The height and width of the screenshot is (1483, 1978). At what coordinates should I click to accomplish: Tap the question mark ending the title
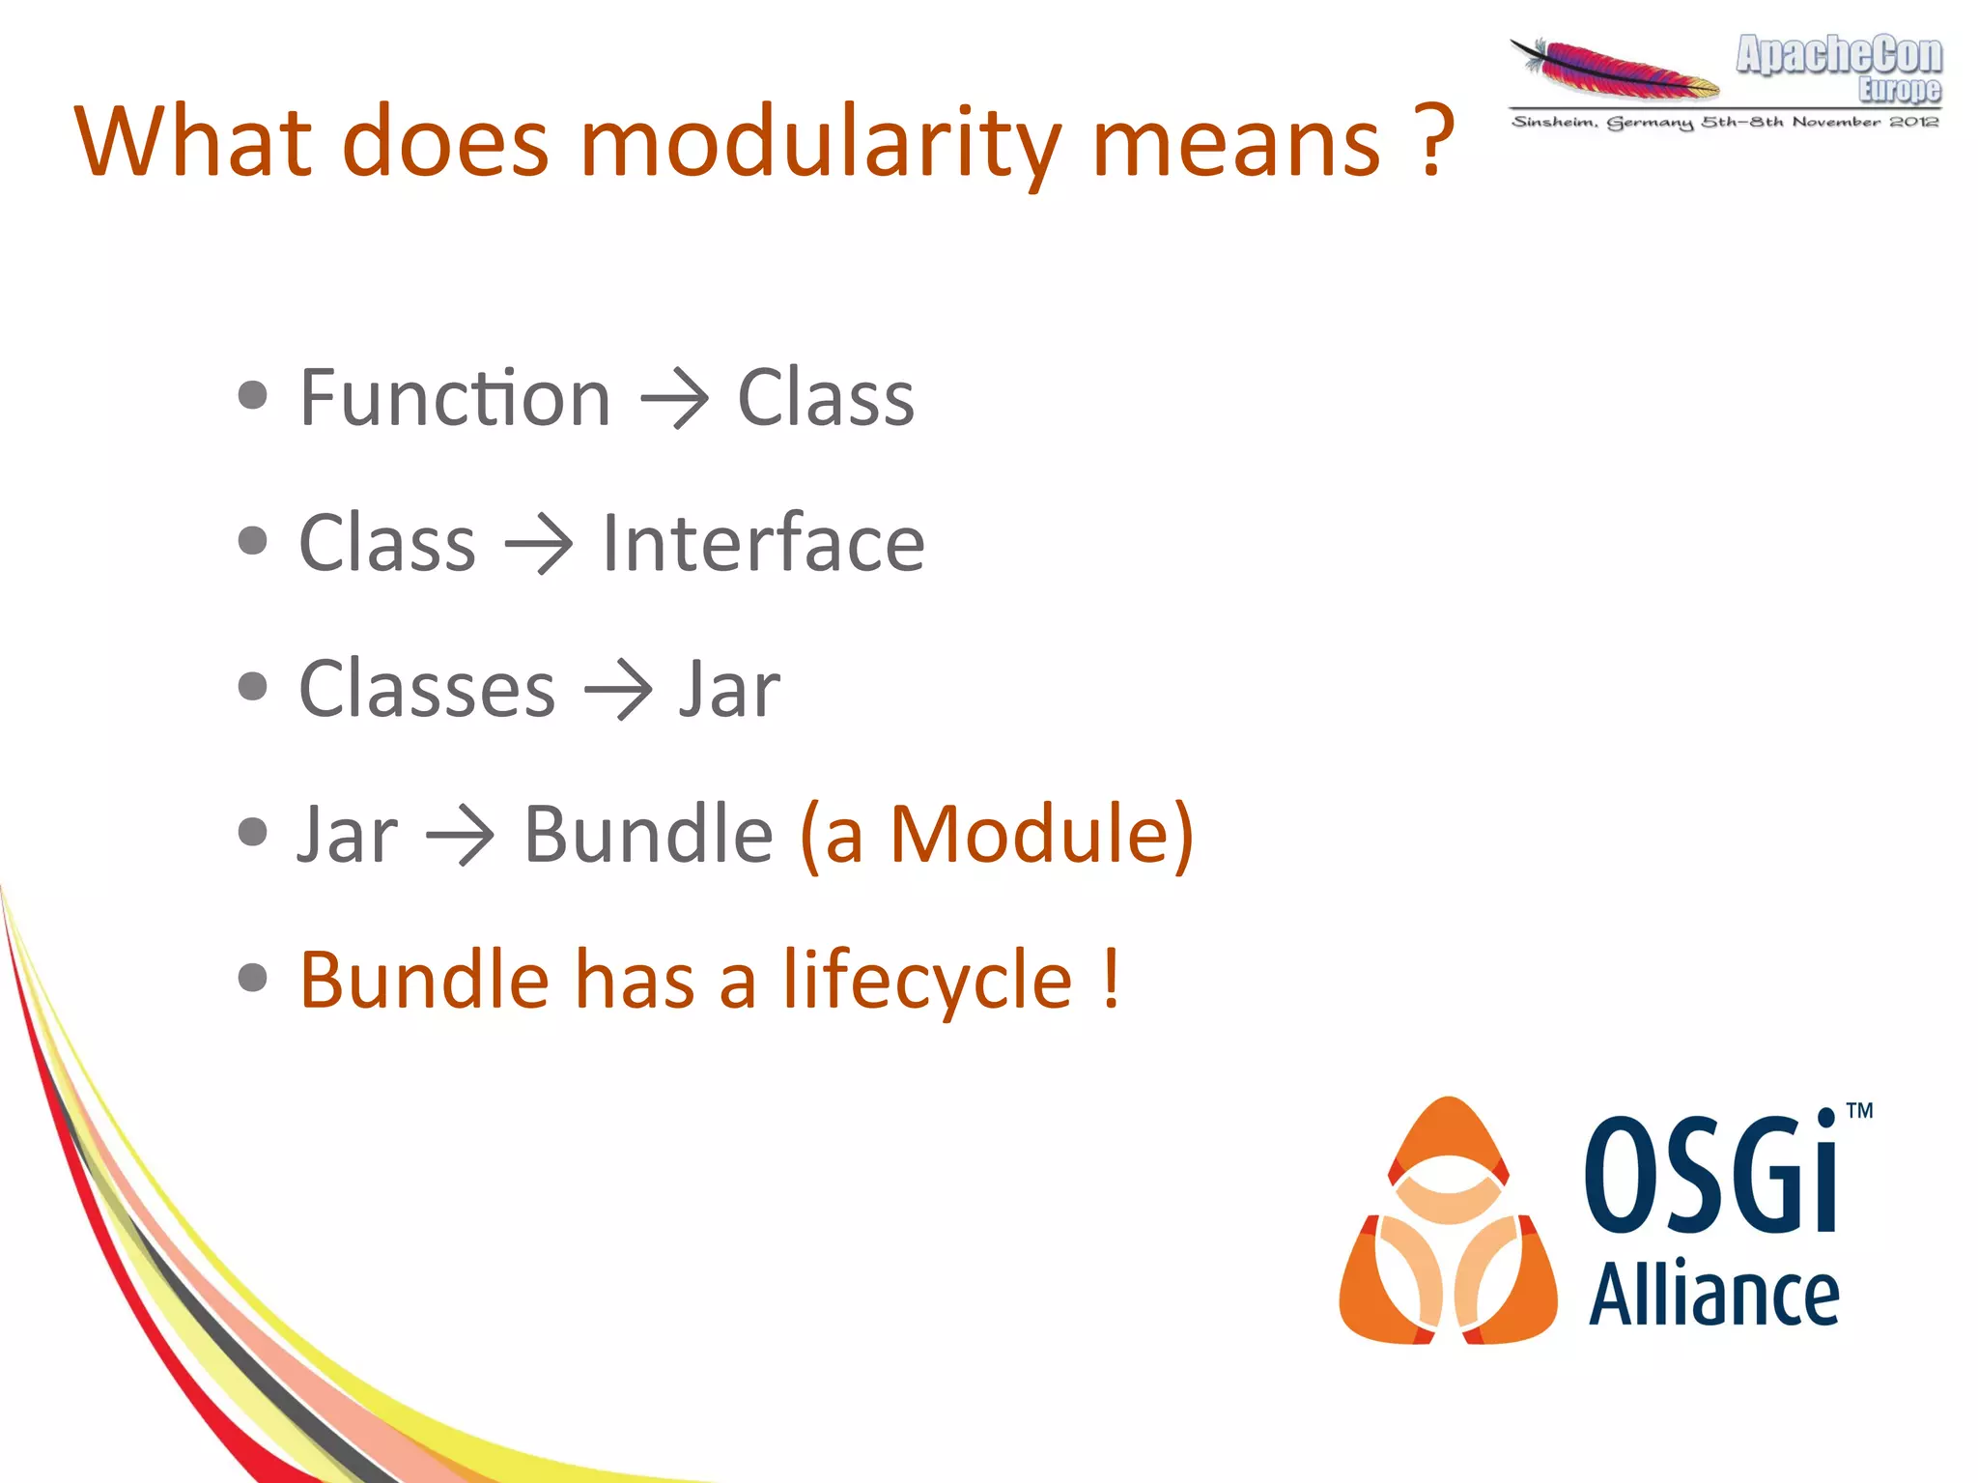click(1436, 143)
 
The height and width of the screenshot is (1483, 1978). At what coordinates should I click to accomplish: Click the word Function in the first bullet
click(455, 398)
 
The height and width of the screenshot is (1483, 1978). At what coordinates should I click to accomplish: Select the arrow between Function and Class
click(674, 398)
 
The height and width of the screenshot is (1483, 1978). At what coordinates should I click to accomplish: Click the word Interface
click(763, 543)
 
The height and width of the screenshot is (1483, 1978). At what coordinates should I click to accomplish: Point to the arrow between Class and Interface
click(539, 544)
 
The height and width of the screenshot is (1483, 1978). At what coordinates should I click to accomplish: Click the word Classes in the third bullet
click(427, 689)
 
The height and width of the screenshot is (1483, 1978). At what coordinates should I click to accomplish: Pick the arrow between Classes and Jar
click(618, 690)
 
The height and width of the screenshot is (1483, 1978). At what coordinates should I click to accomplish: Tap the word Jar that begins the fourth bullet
click(348, 835)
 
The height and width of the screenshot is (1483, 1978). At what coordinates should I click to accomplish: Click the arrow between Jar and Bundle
click(460, 835)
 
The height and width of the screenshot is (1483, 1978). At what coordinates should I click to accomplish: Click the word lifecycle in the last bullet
click(927, 981)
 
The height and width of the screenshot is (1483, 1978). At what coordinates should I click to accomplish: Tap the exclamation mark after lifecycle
click(1111, 979)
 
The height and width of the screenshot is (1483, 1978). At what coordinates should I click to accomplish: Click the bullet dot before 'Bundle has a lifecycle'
click(253, 978)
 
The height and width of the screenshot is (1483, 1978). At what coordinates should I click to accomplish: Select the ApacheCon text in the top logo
click(1838, 54)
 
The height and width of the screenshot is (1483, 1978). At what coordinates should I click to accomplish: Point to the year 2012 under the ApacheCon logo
click(1913, 122)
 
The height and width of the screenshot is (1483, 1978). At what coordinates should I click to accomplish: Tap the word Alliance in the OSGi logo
click(1713, 1295)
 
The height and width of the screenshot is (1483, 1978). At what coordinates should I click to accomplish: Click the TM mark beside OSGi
click(1859, 1111)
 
